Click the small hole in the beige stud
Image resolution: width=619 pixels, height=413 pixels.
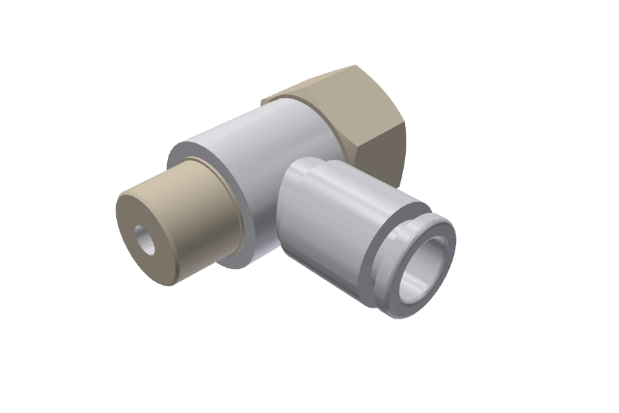(146, 240)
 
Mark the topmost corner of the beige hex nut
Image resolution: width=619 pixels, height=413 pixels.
(355, 66)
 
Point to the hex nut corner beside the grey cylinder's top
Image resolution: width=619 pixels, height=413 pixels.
(263, 101)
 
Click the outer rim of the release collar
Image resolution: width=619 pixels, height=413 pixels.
(395, 303)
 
